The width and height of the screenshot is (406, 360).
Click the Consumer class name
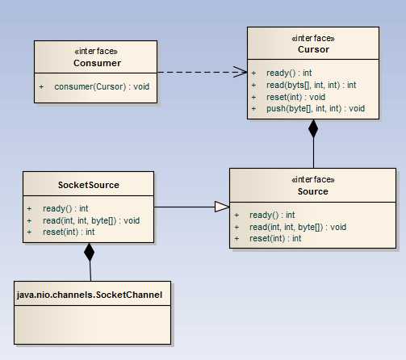(x=97, y=63)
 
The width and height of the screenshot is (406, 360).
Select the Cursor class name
(x=313, y=49)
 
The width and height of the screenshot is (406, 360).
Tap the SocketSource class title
(x=89, y=185)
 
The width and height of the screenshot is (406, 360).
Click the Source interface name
(x=313, y=191)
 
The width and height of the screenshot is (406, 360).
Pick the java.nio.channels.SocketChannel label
(x=90, y=295)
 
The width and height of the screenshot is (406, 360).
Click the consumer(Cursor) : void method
(x=102, y=86)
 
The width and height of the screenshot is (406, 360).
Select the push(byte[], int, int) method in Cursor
(x=316, y=108)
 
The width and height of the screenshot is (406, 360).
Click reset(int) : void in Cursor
(x=295, y=97)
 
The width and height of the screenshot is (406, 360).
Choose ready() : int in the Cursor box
(x=289, y=73)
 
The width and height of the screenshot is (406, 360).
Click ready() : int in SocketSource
(x=65, y=208)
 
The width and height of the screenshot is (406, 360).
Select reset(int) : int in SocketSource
(x=69, y=232)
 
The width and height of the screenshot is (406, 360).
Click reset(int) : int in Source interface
(x=275, y=238)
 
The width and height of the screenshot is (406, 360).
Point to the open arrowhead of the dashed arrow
(x=241, y=72)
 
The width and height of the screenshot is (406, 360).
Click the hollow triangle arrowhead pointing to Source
(x=222, y=207)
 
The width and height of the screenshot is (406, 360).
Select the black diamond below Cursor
(x=313, y=128)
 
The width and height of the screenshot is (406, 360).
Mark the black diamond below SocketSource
(x=89, y=252)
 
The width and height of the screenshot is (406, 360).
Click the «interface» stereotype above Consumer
(x=96, y=51)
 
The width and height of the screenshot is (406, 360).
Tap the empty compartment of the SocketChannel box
(x=93, y=324)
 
